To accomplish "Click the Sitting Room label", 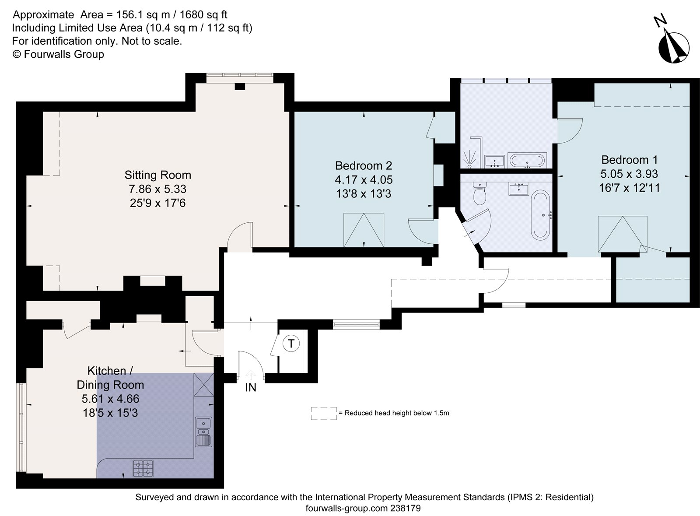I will click(157, 175).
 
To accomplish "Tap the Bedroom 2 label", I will click(363, 166).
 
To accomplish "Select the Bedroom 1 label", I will click(629, 160).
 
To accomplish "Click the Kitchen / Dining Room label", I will click(110, 378).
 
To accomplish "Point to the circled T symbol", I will click(291, 344).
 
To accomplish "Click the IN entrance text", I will click(251, 387).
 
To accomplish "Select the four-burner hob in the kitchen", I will click(143, 467).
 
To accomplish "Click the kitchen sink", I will click(203, 431).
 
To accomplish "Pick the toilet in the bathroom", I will click(480, 194).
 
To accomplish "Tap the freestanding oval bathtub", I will click(541, 214).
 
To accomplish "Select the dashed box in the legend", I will click(324, 413).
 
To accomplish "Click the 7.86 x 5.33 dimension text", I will click(157, 189).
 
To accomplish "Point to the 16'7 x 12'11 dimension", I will click(629, 188).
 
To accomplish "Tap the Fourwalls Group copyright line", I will click(58, 54).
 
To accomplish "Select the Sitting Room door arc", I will click(240, 236).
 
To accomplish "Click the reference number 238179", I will click(406, 508).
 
